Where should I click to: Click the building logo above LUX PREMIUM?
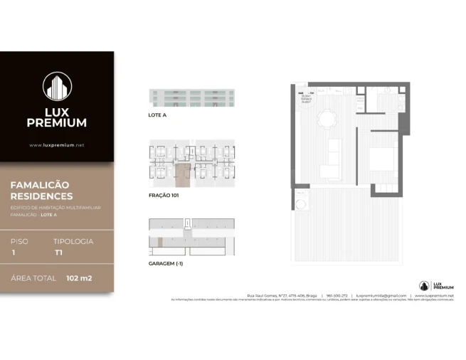(x=57, y=87)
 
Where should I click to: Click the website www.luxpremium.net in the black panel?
(x=57, y=145)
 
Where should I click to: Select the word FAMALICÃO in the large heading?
(x=40, y=185)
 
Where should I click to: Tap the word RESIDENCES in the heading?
(x=41, y=196)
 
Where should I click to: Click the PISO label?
(x=20, y=241)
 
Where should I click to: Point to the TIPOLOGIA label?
(x=74, y=241)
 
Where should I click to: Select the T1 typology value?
(x=58, y=253)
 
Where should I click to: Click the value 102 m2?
(x=80, y=277)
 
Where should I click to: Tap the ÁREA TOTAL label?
(x=32, y=277)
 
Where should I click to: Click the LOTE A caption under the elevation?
(x=157, y=114)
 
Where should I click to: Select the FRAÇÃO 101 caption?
(x=163, y=194)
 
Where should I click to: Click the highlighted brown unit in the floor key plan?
(x=184, y=174)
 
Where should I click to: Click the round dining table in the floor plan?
(x=328, y=118)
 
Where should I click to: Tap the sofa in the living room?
(x=331, y=159)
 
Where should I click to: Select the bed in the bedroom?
(x=382, y=159)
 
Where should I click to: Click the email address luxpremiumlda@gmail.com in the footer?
(x=381, y=295)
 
